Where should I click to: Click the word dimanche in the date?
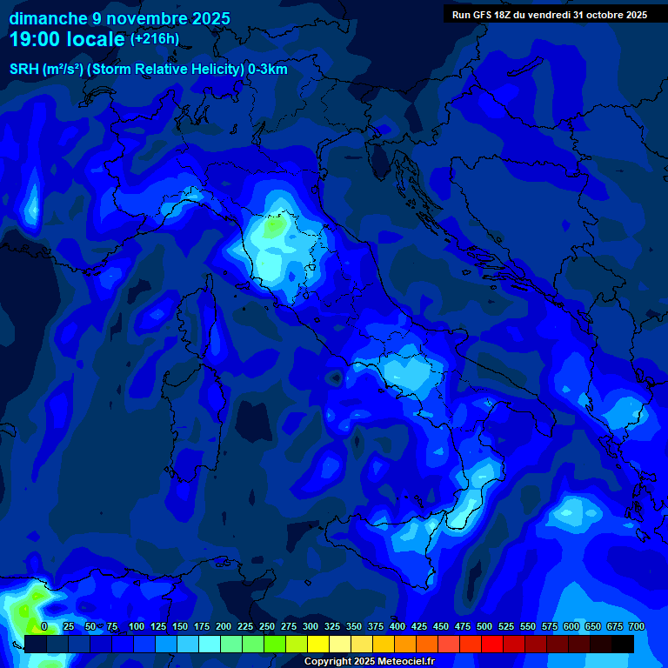(x=48, y=18)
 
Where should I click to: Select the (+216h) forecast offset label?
(x=154, y=39)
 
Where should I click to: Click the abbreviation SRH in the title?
(x=23, y=70)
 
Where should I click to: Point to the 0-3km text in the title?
(x=268, y=70)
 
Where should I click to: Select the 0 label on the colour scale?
(x=44, y=626)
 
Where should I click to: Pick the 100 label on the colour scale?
(x=136, y=626)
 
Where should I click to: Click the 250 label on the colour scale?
(x=266, y=626)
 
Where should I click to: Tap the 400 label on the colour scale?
(x=397, y=626)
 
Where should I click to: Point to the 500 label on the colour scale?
(x=484, y=626)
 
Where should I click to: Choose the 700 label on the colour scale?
(x=636, y=626)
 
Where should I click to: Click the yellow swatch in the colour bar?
(x=318, y=644)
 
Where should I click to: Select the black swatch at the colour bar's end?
(x=623, y=644)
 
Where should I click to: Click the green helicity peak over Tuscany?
(x=275, y=226)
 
